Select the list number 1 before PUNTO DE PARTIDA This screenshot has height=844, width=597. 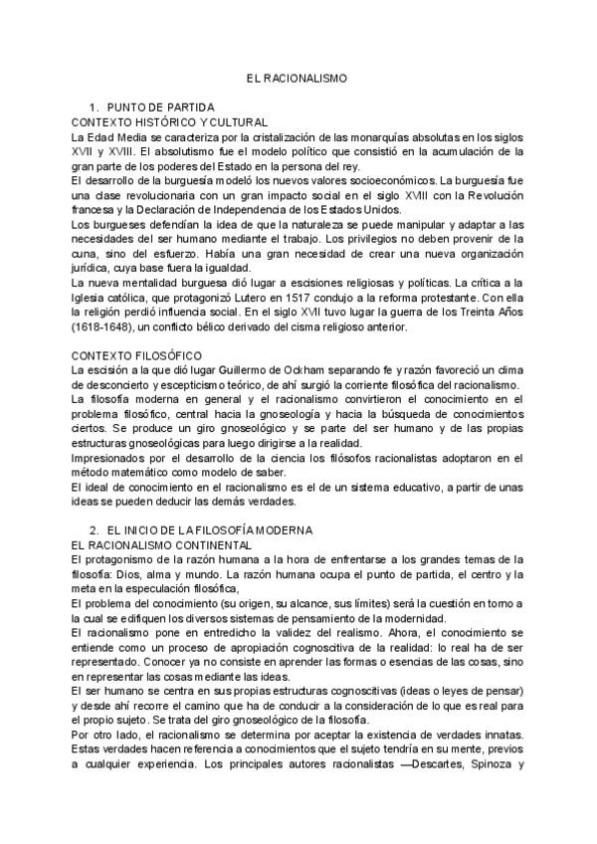[x=93, y=106]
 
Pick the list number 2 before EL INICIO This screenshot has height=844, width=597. [x=93, y=530]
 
